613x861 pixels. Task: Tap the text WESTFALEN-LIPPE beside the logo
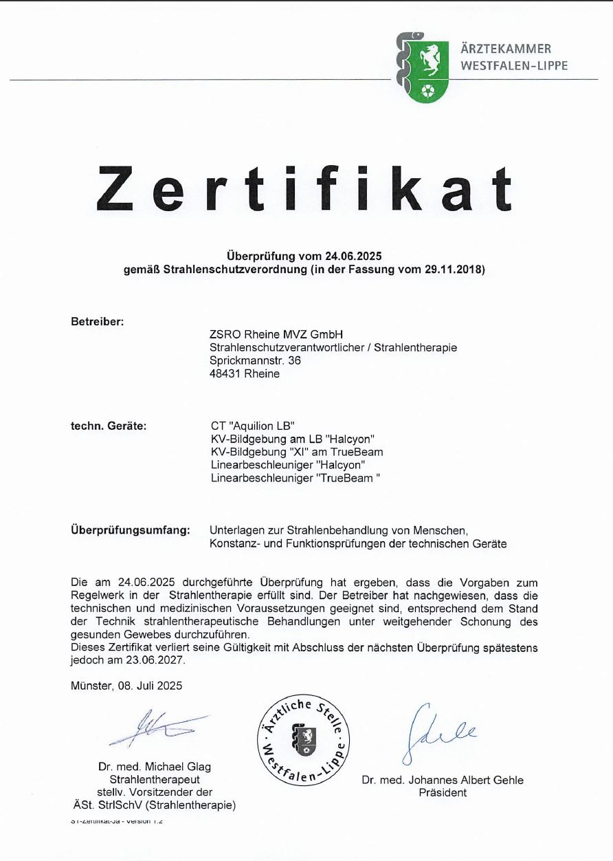(514, 66)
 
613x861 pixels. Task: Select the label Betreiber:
(97, 321)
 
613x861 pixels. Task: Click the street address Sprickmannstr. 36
(255, 360)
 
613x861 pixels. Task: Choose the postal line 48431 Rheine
(245, 373)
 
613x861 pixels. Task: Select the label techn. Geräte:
(109, 426)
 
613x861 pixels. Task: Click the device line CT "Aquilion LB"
(252, 426)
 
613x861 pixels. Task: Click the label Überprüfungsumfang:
(130, 530)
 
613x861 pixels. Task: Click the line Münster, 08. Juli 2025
(126, 686)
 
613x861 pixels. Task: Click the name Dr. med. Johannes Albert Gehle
(443, 780)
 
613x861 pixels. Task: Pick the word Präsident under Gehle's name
(443, 792)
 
